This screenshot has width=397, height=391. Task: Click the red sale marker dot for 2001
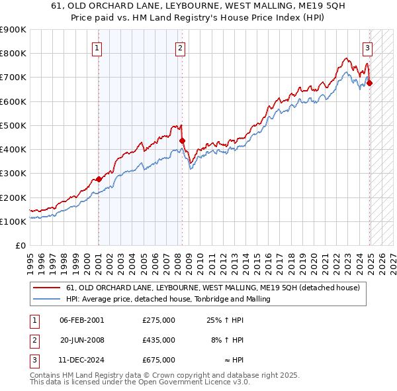point(99,179)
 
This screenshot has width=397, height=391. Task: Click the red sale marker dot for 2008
point(182,140)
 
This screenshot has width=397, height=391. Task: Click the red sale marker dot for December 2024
point(370,83)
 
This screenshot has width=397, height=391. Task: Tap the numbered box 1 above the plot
point(97,47)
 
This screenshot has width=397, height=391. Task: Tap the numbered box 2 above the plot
point(180,47)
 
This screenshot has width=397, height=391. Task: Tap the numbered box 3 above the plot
point(367,47)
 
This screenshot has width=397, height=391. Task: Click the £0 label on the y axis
point(20,246)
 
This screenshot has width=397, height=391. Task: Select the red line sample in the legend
point(47,288)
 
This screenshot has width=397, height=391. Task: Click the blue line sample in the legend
point(47,299)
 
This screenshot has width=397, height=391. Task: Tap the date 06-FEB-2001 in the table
point(82,320)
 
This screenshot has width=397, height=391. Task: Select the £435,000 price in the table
point(159,340)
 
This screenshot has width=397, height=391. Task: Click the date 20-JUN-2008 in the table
point(82,340)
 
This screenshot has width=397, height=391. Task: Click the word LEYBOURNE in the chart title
point(154,5)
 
